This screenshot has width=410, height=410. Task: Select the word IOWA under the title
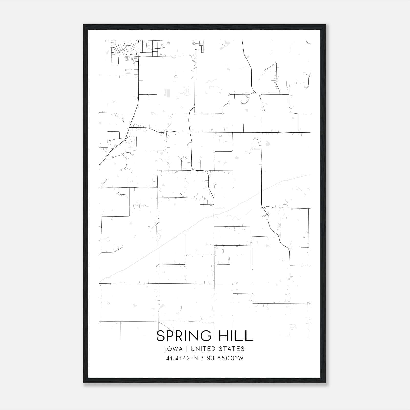(x=174, y=349)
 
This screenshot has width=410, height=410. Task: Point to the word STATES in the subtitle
(x=233, y=349)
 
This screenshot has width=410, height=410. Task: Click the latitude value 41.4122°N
(x=182, y=358)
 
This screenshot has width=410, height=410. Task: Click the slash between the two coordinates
(x=203, y=358)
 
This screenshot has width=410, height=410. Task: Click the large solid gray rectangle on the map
(x=168, y=93)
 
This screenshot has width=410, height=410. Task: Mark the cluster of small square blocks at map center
(x=208, y=203)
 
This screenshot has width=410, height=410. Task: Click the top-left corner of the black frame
(x=84, y=25)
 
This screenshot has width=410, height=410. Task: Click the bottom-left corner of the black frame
(x=84, y=383)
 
